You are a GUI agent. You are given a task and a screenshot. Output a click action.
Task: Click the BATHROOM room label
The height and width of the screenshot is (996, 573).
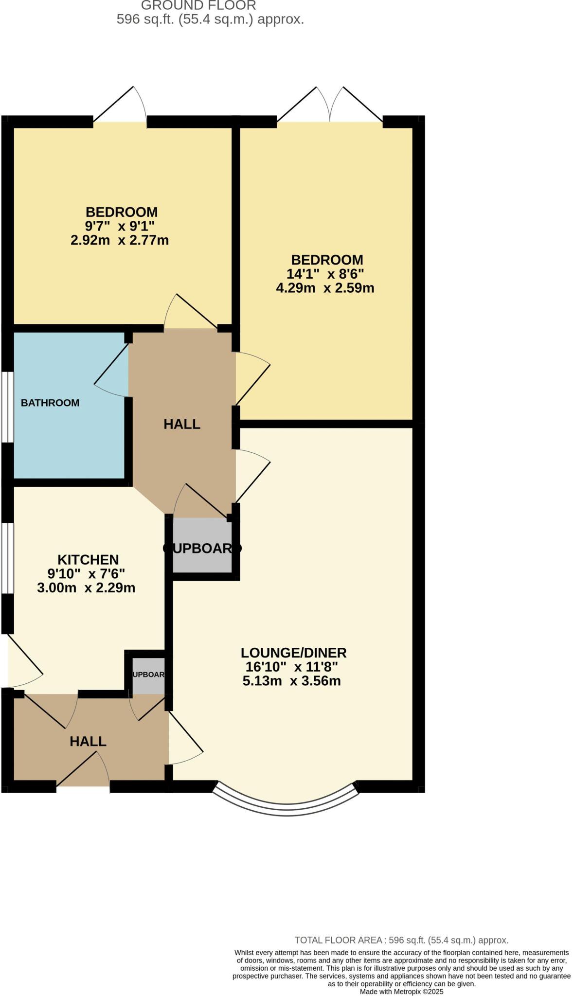click(x=50, y=403)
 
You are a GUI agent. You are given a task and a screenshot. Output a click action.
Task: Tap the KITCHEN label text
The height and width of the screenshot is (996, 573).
click(x=88, y=559)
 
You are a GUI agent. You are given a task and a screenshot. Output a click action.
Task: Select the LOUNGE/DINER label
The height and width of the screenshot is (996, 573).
click(x=293, y=652)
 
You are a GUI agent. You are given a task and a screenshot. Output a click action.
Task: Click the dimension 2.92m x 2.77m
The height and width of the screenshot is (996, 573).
click(x=120, y=240)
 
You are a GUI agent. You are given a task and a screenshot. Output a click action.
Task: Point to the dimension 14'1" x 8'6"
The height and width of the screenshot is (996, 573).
click(x=325, y=273)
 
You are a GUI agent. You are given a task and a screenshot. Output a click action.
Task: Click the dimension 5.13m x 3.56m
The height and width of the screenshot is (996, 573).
click(x=291, y=680)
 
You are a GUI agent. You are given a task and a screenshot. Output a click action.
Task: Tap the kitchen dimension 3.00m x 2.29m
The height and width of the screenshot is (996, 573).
click(x=86, y=587)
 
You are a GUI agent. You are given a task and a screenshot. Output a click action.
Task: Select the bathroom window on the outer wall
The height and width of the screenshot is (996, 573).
click(x=7, y=408)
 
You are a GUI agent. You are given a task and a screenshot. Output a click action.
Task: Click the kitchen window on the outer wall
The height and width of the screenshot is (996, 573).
click(x=7, y=558)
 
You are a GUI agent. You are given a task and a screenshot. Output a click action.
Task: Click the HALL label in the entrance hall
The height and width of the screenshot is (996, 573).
click(x=88, y=741)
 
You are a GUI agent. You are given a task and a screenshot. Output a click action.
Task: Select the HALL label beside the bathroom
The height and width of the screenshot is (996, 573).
click(x=182, y=424)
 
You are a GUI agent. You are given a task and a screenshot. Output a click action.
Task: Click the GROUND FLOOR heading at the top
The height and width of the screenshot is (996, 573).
click(x=198, y=6)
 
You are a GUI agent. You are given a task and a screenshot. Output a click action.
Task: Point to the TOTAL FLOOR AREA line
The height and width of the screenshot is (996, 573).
click(x=401, y=940)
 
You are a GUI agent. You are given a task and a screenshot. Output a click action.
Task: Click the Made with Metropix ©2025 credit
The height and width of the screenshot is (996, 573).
click(x=401, y=991)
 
